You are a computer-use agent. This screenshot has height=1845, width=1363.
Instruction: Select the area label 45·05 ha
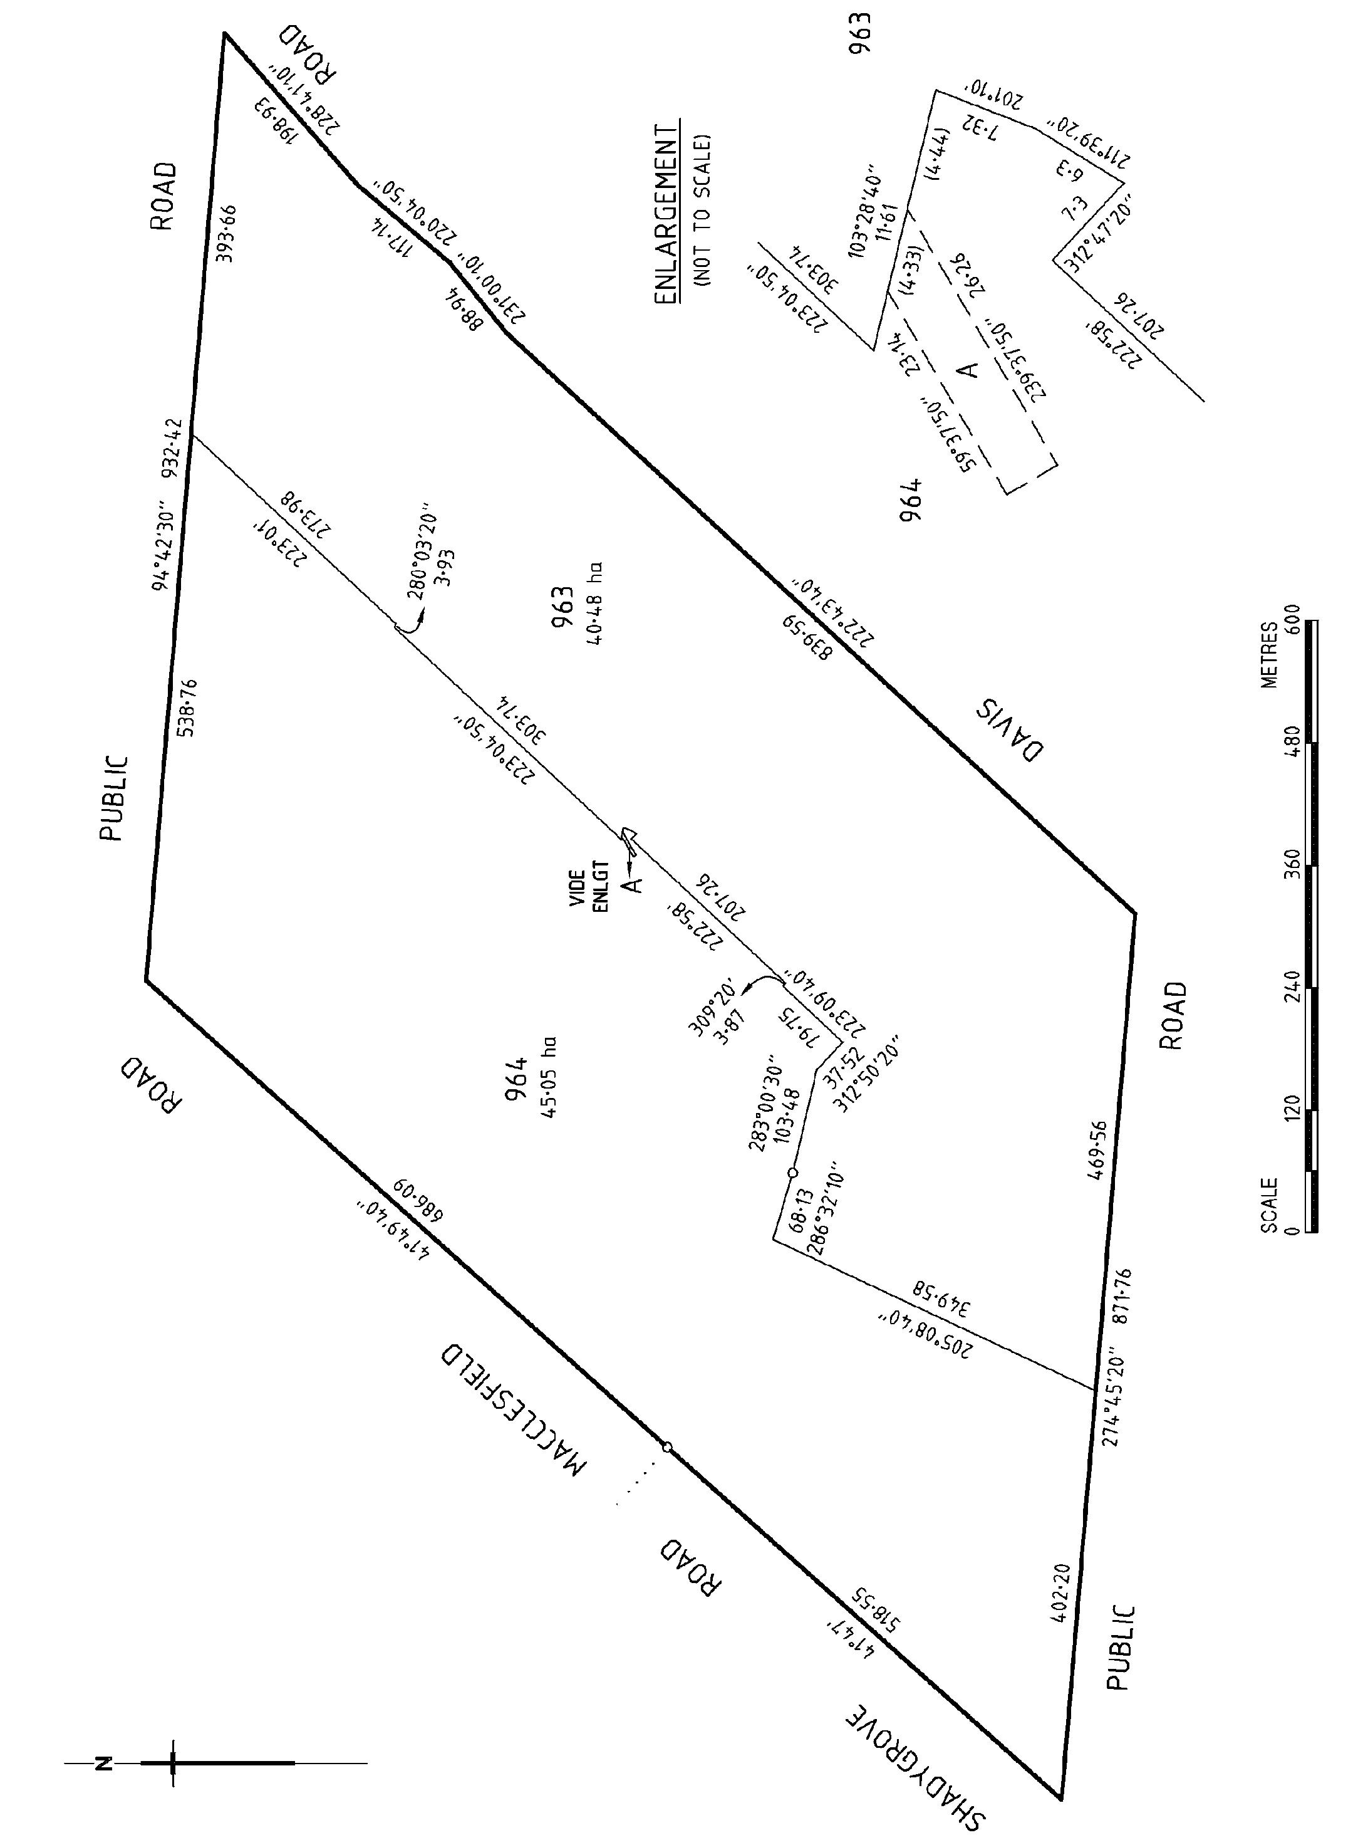[549, 1077]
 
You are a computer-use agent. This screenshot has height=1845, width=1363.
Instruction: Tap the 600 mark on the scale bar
[1292, 617]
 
